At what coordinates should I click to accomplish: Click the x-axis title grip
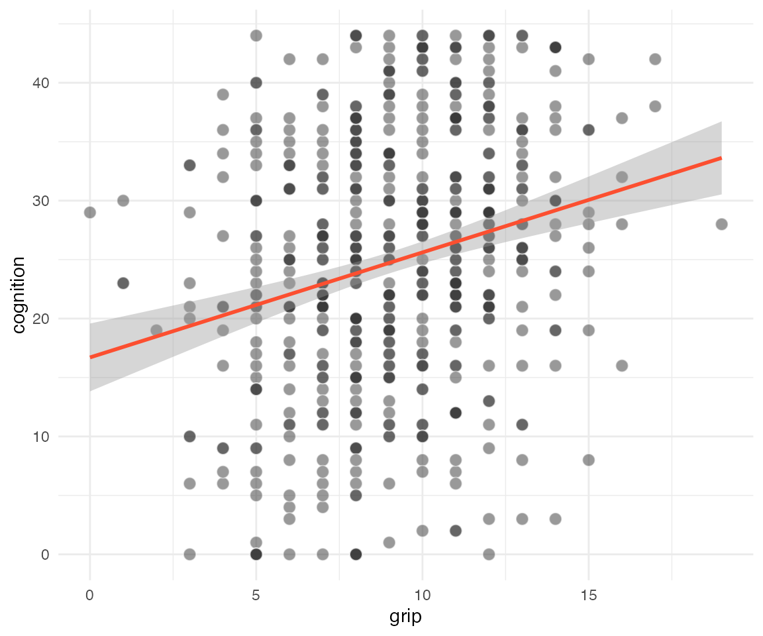[x=405, y=617]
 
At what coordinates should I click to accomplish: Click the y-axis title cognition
[x=19, y=295]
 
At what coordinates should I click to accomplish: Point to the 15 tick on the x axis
[x=589, y=595]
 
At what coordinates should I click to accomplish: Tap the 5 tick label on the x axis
[x=256, y=595]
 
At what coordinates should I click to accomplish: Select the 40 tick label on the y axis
[x=41, y=83]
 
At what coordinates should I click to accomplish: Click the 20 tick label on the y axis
[x=41, y=319]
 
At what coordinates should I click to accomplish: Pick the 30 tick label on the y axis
[x=41, y=201]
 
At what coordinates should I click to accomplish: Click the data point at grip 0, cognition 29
[x=90, y=213]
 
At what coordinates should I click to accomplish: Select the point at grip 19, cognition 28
[x=722, y=225]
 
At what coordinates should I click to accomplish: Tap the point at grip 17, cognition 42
[x=656, y=60]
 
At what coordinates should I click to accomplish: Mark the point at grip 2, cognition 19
[x=156, y=331]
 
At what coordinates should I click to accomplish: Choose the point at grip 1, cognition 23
[x=123, y=283]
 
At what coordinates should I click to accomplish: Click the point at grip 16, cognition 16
[x=622, y=366]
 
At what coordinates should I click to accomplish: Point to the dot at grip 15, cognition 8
[x=589, y=460]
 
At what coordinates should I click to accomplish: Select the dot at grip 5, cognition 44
[x=256, y=36]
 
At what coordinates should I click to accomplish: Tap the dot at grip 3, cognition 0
[x=190, y=555]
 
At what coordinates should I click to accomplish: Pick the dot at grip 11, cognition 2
[x=456, y=531]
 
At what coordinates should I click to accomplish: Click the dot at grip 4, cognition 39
[x=223, y=94]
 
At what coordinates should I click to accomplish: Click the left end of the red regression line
[x=90, y=357]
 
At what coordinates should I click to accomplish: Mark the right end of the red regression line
[x=722, y=158]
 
